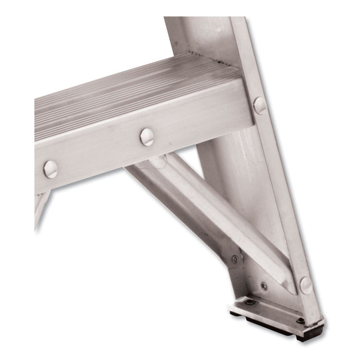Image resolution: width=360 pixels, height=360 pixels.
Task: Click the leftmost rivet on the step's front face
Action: pyautogui.click(x=50, y=169)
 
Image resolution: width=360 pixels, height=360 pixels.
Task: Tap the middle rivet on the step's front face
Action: pyautogui.click(x=147, y=137)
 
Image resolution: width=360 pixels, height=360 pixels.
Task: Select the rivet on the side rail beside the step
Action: pyautogui.click(x=260, y=105)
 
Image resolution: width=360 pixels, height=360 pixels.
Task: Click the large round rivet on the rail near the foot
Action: pyautogui.click(x=306, y=285)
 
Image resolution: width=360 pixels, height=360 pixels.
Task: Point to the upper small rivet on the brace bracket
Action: pyautogui.click(x=235, y=259)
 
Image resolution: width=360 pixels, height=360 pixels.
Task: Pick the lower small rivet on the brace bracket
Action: pyautogui.click(x=264, y=286)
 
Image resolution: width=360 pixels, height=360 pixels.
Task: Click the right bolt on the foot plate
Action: pyautogui.click(x=300, y=320)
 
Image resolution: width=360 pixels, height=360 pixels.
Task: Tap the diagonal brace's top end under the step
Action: pyautogui.click(x=154, y=165)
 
